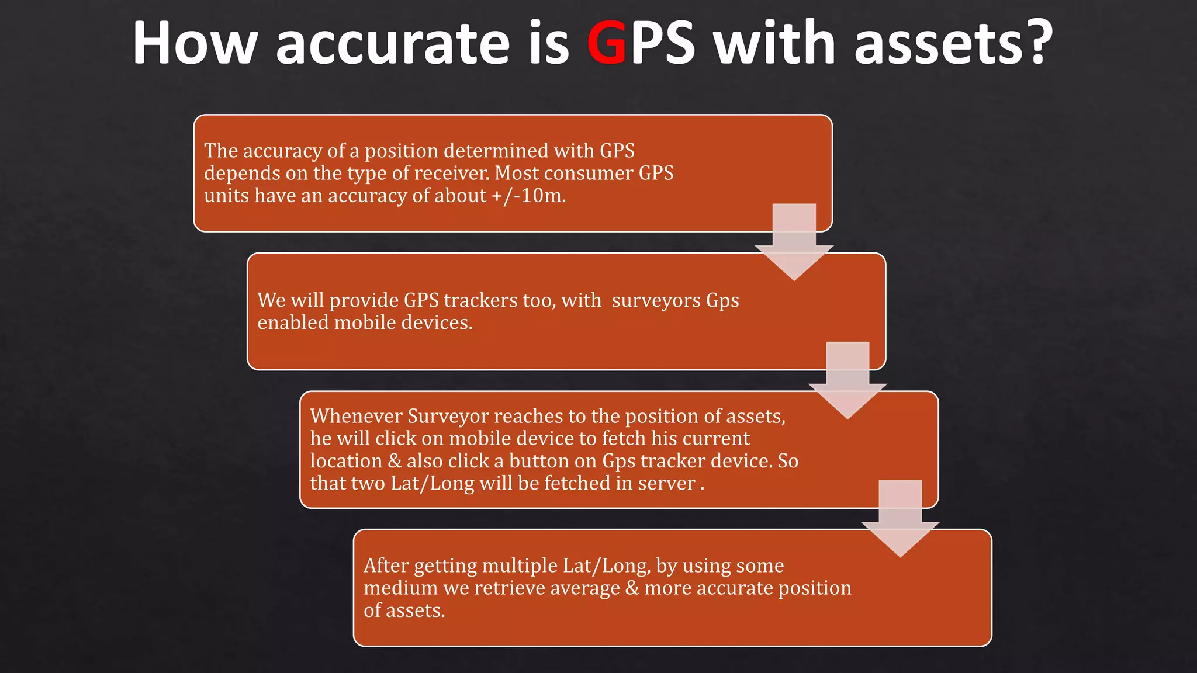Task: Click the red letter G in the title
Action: coord(607,43)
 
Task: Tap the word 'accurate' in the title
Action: coord(393,44)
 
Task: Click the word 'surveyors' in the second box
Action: coord(656,300)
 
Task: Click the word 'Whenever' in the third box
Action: coord(356,416)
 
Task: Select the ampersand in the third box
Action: coord(395,461)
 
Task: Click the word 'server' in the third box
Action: coord(666,484)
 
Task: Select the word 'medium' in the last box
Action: coord(400,588)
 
